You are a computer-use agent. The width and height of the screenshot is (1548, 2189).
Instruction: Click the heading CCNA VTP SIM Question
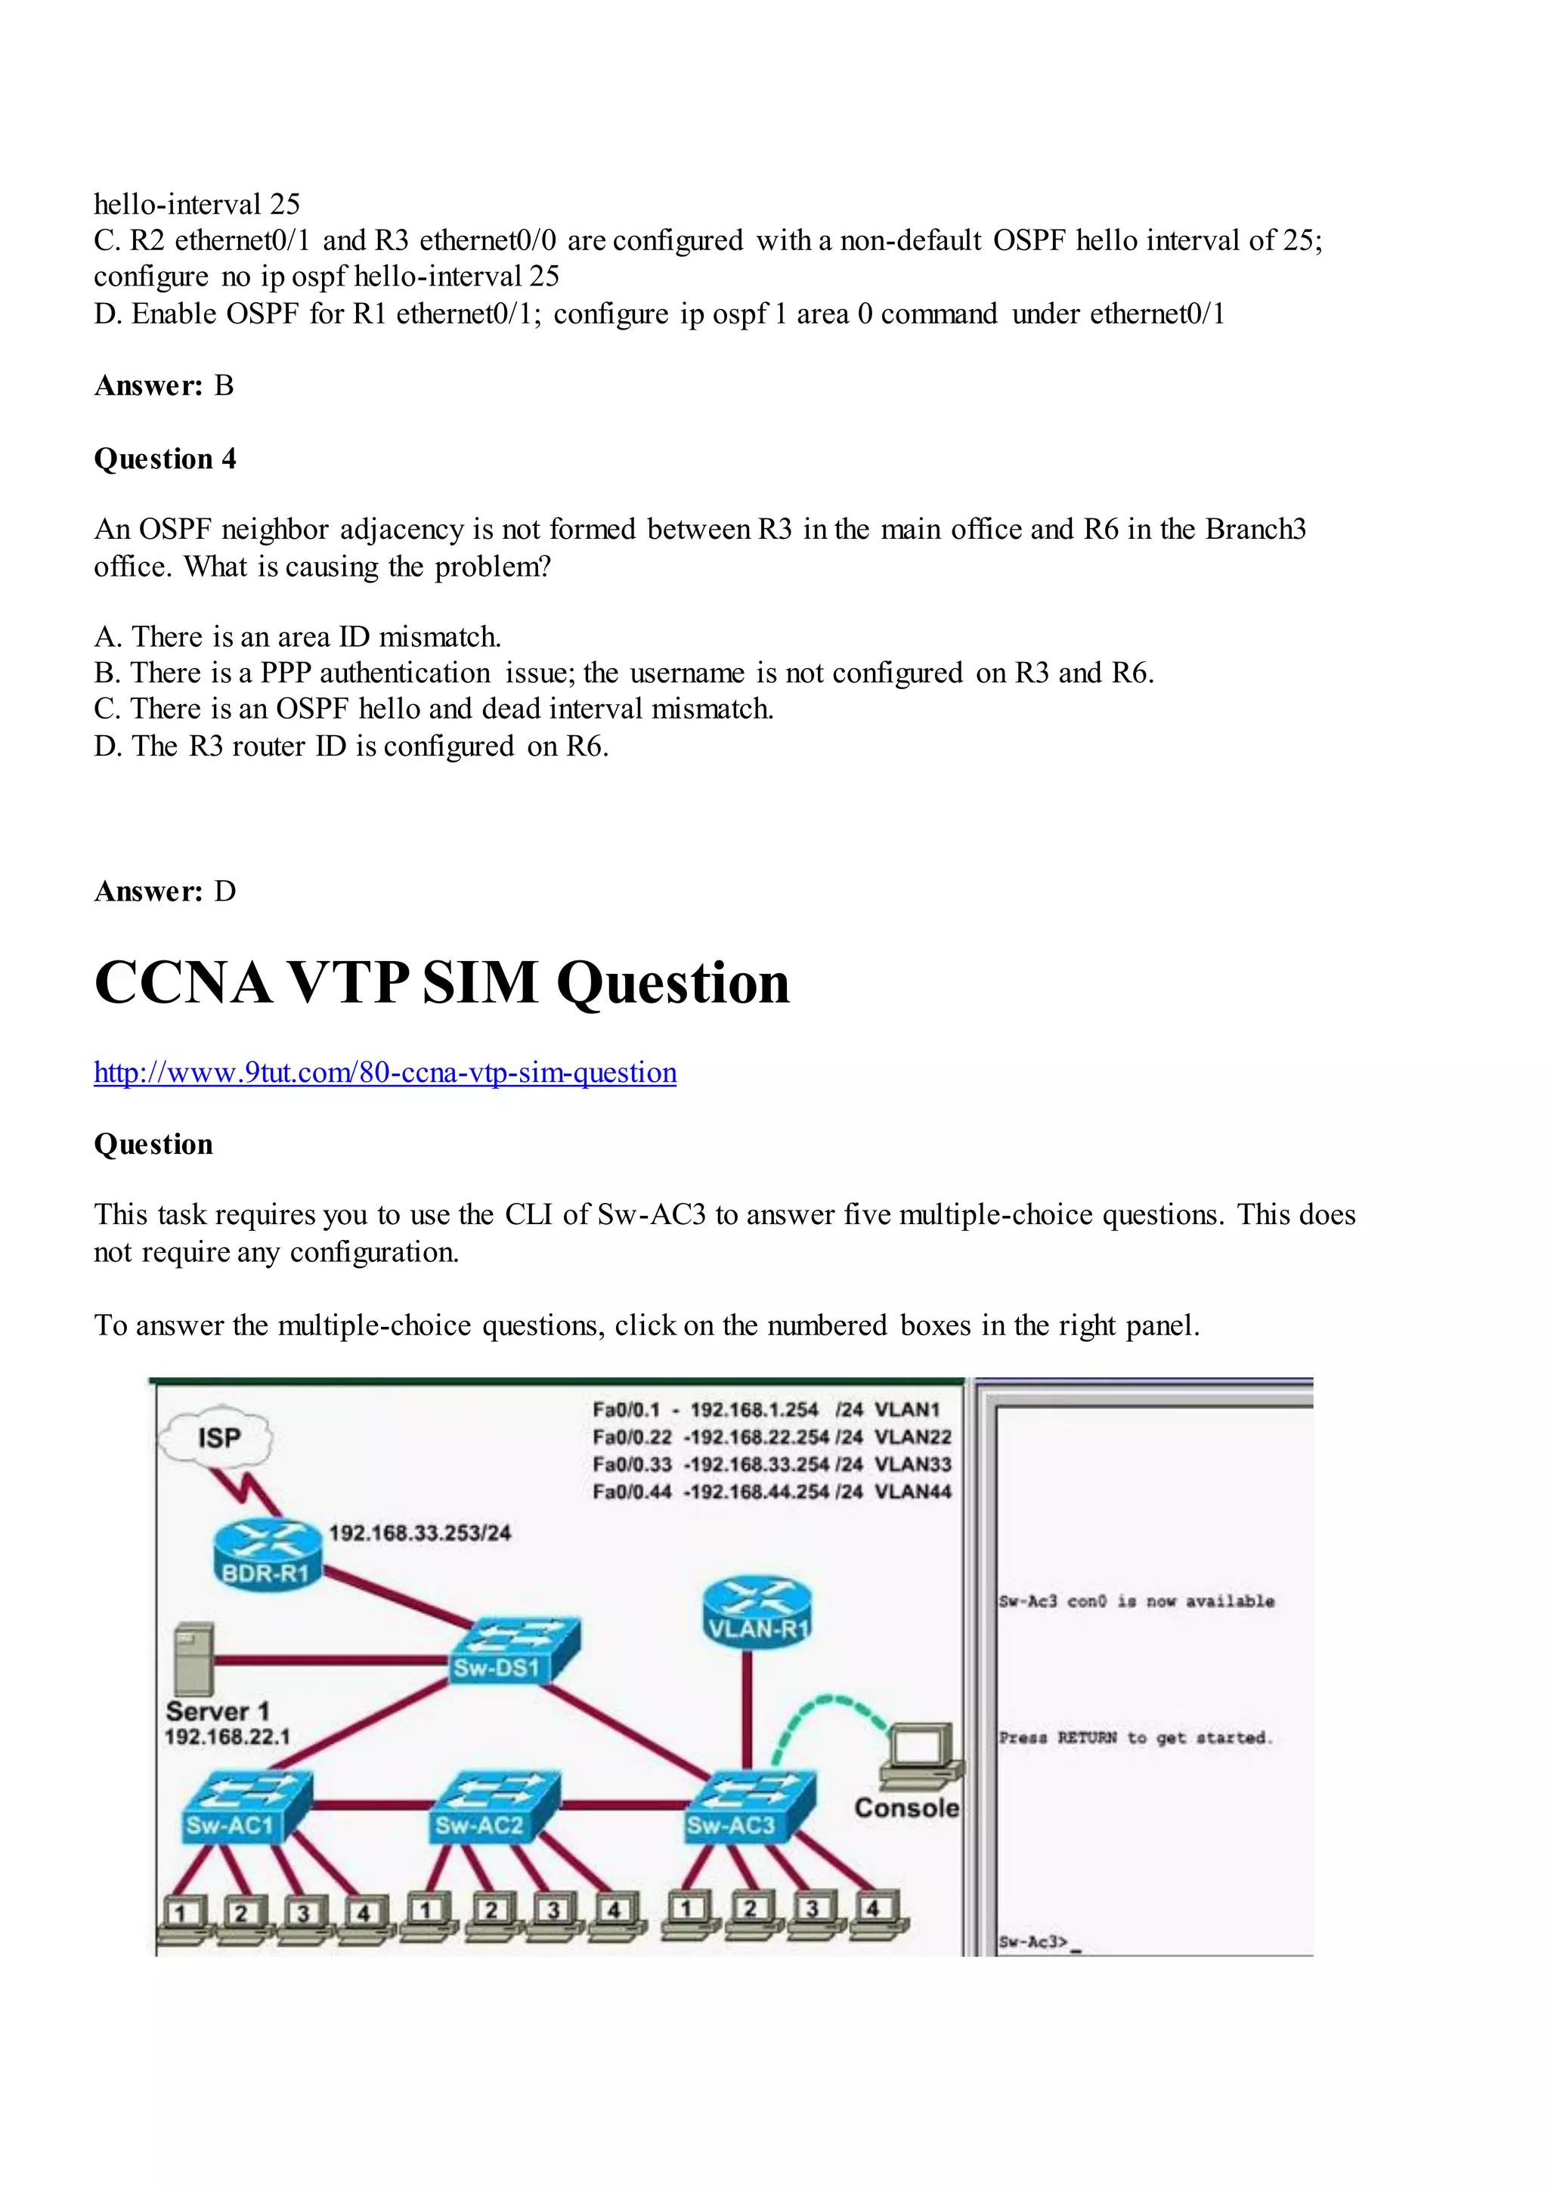point(441,983)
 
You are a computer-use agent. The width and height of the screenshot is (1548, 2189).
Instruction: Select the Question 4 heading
point(165,459)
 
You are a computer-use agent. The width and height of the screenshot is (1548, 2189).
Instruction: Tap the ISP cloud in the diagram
point(218,1438)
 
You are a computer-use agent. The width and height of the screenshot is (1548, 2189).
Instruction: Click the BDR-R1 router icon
point(265,1553)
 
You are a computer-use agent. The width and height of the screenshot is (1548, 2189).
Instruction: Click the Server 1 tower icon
point(194,1659)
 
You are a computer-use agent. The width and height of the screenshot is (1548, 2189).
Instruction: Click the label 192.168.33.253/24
point(420,1533)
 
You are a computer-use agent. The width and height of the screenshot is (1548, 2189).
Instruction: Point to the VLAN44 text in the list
point(913,1492)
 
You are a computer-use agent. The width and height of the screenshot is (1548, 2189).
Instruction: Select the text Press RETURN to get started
point(1135,1738)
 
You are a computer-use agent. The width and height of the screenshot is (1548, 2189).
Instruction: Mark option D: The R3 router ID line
point(351,746)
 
